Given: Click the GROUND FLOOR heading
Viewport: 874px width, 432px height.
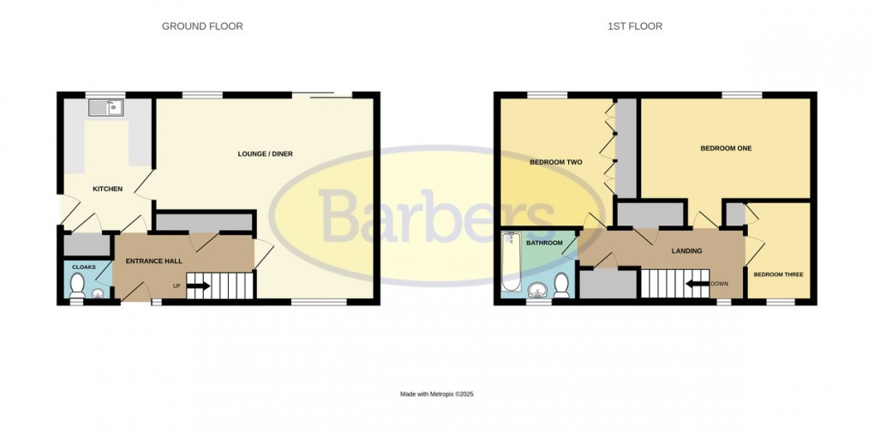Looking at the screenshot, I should [x=202, y=27].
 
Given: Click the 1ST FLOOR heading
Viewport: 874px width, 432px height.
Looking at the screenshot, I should [x=635, y=27].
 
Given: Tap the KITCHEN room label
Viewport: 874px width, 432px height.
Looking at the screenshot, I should [x=108, y=189].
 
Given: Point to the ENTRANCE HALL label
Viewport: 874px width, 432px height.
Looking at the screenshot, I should [x=153, y=261].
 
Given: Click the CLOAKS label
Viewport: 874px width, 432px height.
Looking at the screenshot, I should [x=83, y=267].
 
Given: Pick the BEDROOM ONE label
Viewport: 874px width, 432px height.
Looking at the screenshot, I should [x=726, y=148].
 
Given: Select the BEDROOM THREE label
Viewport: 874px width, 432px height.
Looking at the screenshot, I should [x=778, y=274].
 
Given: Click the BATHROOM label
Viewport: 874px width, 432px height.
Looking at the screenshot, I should [x=544, y=243].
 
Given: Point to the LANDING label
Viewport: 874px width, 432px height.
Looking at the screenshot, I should [x=687, y=251].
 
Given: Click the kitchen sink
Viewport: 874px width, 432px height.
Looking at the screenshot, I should [x=106, y=108].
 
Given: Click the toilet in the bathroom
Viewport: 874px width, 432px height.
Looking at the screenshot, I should [x=562, y=285].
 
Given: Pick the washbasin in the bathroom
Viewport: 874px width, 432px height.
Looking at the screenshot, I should [x=540, y=289].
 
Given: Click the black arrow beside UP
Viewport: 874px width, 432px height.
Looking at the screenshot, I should [x=199, y=285].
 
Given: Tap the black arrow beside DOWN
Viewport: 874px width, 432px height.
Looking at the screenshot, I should [x=697, y=285].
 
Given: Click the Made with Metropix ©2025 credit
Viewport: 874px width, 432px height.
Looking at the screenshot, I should [x=437, y=394].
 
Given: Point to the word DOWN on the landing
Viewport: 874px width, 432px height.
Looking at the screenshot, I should [x=719, y=285].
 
